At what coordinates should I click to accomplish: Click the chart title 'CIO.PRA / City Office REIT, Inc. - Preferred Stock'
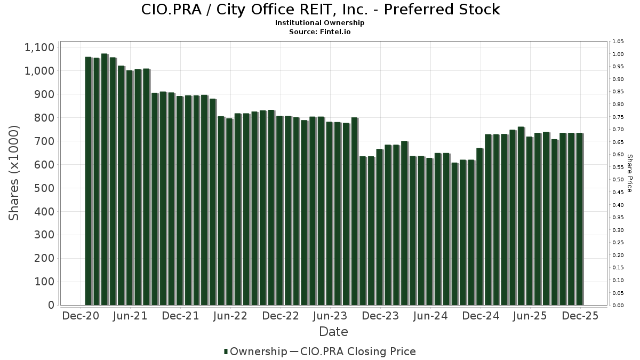320,10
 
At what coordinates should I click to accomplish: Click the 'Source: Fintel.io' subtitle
320,32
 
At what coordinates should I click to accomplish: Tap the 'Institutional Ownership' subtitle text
320,23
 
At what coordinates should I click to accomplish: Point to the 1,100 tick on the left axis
39,47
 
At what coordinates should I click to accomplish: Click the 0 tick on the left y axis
51,305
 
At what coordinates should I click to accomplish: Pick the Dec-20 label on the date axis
81,316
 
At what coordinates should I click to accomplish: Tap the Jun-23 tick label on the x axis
330,316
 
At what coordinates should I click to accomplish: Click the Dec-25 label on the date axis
580,316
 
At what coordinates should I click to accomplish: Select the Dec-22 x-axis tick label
281,316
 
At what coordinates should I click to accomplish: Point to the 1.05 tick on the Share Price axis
619,42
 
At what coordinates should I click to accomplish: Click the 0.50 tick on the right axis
619,180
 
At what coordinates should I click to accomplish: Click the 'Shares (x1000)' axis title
14,173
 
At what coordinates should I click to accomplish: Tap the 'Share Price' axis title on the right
629,173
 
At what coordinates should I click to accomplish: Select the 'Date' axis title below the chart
333,332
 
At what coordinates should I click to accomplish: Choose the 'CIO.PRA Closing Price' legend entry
358,351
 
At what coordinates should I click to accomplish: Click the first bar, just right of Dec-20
89,181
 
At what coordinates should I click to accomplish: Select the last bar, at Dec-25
580,219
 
